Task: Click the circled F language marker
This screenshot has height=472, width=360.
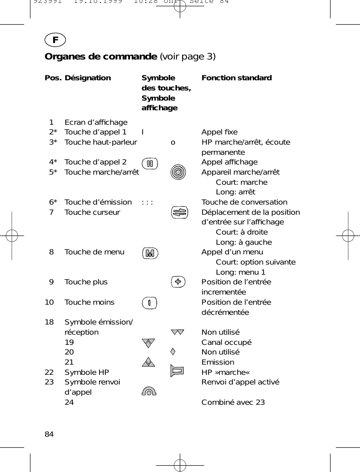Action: [x=55, y=40]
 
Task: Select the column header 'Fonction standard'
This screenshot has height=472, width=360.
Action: [x=236, y=78]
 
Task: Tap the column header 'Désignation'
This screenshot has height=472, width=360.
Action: [x=87, y=78]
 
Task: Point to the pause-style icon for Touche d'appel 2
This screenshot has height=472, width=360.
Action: [x=150, y=163]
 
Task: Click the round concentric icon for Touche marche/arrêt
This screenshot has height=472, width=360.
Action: [x=178, y=172]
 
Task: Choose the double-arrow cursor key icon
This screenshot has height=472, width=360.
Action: [x=178, y=213]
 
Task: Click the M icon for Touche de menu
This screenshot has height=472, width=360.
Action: [x=150, y=253]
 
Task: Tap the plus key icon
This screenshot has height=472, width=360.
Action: [x=178, y=282]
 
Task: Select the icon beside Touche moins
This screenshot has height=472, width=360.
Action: [x=150, y=303]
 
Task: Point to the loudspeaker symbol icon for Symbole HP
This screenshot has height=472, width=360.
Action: [x=178, y=371]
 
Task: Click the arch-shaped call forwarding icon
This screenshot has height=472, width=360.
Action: [x=150, y=391]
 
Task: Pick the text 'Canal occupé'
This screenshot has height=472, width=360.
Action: [x=226, y=342]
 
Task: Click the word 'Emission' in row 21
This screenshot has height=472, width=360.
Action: [x=217, y=362]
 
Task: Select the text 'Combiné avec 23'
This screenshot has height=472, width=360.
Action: [x=233, y=402]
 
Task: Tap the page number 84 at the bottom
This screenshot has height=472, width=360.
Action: [x=49, y=434]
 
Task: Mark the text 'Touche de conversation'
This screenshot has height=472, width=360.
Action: [x=244, y=202]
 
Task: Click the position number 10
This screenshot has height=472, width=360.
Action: [x=49, y=302]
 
